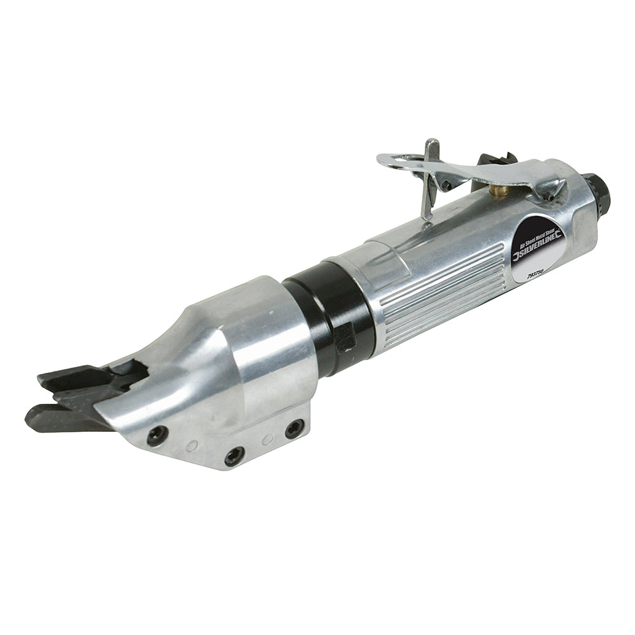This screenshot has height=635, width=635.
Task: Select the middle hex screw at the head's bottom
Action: [234, 455]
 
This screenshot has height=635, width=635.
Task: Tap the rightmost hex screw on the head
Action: [293, 429]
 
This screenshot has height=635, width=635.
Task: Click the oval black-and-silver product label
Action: [537, 251]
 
